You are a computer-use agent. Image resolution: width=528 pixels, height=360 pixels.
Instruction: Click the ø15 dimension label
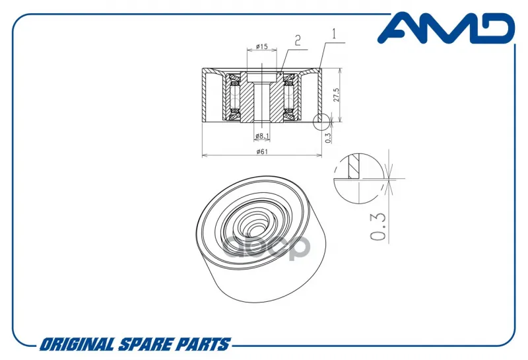261,46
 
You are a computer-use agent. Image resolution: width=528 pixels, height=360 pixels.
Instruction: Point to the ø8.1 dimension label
262,136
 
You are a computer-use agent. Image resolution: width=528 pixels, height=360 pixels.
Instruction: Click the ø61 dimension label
261,151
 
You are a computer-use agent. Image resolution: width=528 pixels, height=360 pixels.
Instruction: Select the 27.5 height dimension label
336,95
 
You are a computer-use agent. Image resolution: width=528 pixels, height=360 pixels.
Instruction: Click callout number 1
334,34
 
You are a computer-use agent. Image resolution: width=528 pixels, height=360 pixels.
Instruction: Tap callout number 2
298,41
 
